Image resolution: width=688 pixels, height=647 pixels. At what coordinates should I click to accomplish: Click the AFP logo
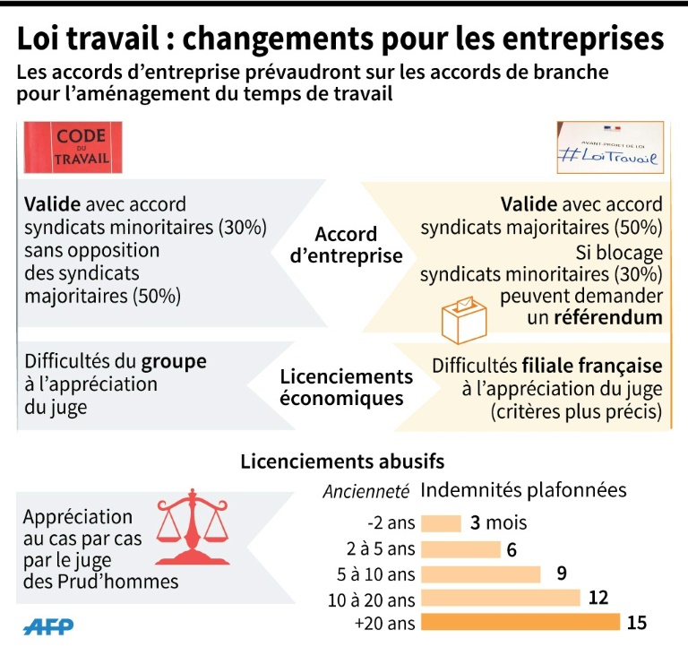coord(49,625)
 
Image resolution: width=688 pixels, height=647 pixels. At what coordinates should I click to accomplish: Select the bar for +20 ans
coord(520,622)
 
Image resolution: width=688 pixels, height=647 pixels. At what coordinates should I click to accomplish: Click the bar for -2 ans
coord(441,523)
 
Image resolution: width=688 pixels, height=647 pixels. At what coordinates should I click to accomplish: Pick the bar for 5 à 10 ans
coord(481,574)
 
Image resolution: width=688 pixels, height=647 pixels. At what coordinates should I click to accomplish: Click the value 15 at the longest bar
coord(637,622)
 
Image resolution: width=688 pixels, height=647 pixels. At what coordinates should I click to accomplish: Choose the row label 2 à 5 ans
coord(379,549)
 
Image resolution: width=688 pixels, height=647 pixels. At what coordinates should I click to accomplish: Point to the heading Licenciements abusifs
coord(342,462)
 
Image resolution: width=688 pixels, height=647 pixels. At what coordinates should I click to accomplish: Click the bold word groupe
coord(174,362)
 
